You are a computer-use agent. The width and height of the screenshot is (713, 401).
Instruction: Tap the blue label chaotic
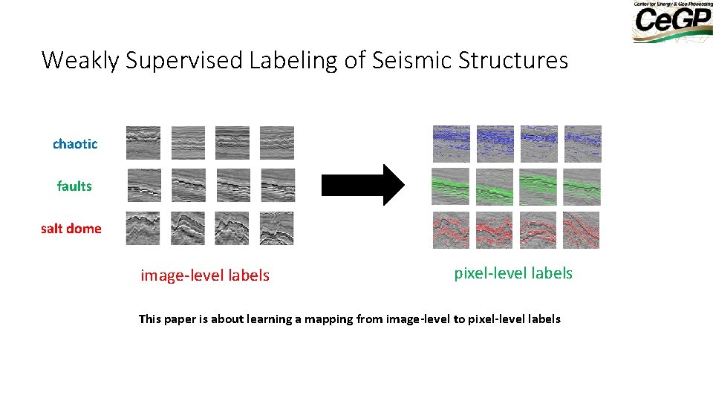point(75,144)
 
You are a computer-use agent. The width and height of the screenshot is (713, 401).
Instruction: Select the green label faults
point(74,186)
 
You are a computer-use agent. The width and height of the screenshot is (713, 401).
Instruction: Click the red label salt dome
point(71,229)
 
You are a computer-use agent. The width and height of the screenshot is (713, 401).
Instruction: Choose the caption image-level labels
point(205,276)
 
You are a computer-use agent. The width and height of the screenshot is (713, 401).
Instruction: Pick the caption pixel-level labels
point(513,273)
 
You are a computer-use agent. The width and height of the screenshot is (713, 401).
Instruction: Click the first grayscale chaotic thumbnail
point(143,143)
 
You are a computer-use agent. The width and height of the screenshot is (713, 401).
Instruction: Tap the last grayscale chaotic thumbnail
point(277,143)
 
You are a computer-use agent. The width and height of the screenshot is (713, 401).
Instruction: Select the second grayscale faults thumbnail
point(188,186)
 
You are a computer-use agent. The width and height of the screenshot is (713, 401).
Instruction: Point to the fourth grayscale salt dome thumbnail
point(277,229)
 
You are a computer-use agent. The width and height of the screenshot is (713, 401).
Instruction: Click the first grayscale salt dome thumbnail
point(143,229)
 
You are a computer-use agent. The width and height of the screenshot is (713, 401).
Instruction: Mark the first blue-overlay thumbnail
point(452,144)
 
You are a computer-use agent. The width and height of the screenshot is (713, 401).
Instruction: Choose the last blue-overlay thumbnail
point(583,144)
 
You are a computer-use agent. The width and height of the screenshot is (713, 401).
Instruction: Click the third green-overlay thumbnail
point(538,186)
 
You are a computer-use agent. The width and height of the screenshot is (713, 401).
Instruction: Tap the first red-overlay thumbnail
point(452,230)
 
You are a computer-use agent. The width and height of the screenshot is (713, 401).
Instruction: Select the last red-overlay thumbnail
point(582,230)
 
